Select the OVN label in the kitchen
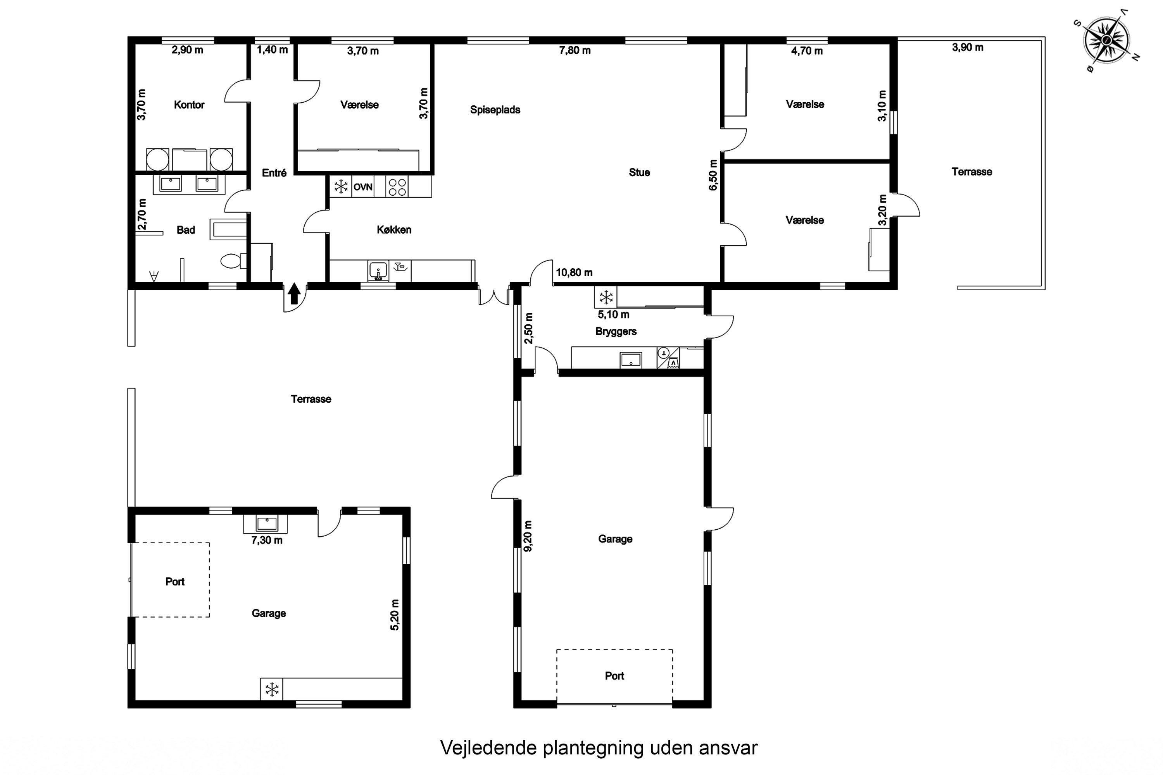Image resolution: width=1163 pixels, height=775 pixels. [x=362, y=187]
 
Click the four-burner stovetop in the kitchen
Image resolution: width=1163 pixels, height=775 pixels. [x=397, y=187]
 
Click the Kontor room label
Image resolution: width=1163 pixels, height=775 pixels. [x=189, y=105]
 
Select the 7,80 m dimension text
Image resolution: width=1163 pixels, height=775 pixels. [x=575, y=50]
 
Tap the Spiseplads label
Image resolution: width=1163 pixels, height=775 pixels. [x=495, y=110]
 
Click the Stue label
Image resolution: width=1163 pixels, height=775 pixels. [x=639, y=172]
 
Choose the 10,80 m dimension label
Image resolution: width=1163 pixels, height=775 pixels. [x=574, y=272]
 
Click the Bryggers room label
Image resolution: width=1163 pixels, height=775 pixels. [x=616, y=332]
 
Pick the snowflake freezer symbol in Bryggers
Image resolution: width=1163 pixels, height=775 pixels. [x=606, y=297]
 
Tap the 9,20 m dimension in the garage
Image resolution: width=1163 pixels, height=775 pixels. [x=528, y=536]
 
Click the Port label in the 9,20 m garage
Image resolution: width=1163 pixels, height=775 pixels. [x=614, y=676]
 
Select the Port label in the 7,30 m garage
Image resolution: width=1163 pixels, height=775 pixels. [x=174, y=582]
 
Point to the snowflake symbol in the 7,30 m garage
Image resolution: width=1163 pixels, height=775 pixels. [x=271, y=689]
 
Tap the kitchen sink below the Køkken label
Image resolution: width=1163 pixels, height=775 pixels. [x=378, y=271]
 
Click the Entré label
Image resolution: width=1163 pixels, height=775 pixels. [x=274, y=173]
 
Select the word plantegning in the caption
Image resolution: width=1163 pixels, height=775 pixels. [x=594, y=748]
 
